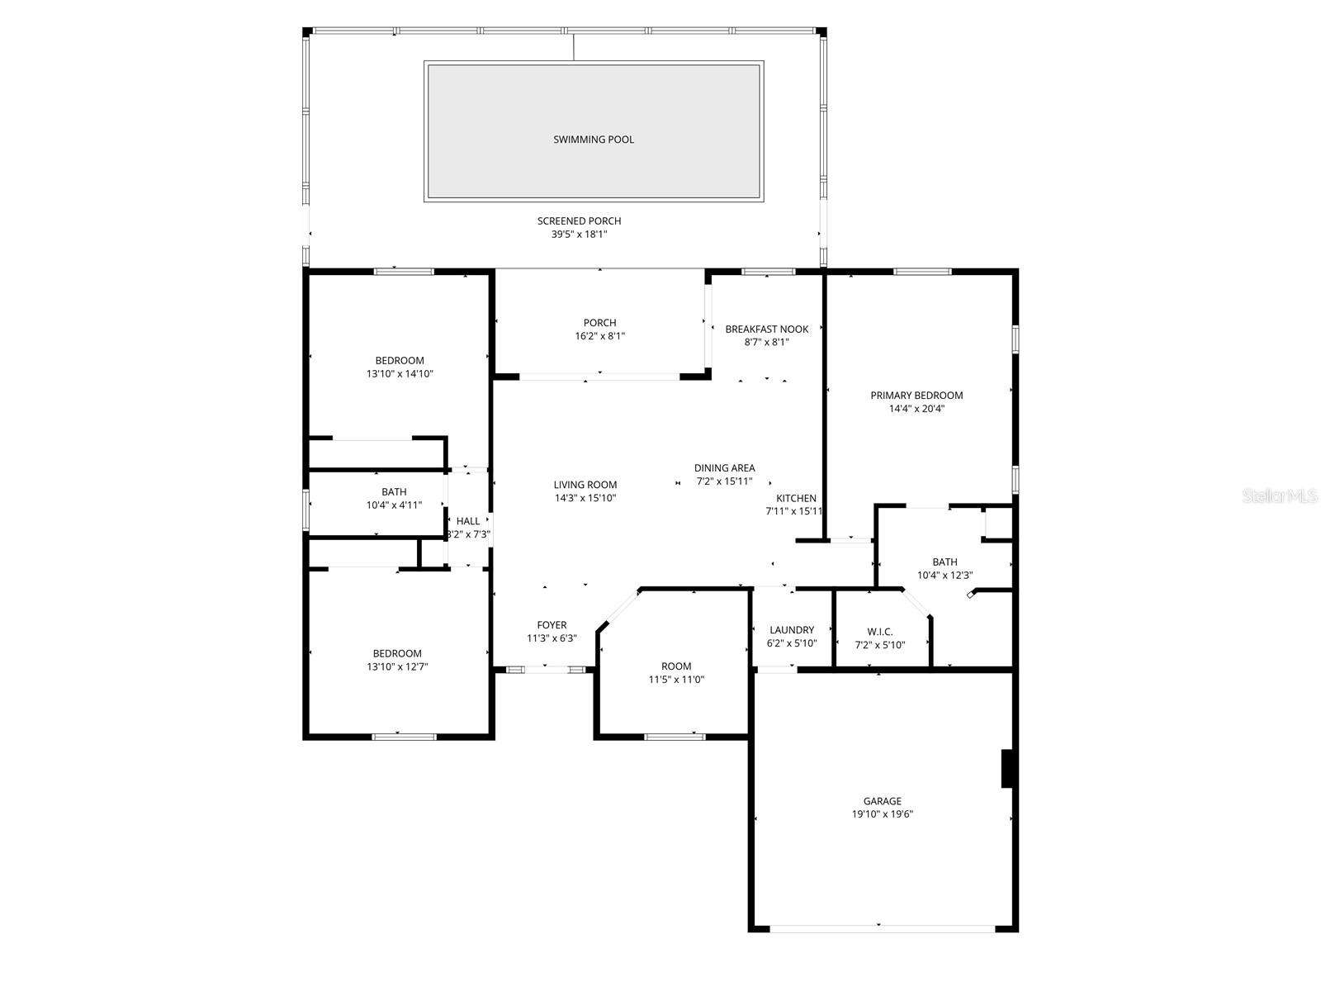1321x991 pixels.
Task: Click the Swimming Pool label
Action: tap(594, 140)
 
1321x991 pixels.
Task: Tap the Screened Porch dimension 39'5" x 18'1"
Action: tap(579, 235)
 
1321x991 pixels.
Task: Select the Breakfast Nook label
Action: tap(766, 329)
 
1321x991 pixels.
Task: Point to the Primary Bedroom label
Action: tap(916, 395)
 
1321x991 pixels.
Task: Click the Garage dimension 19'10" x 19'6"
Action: tap(882, 814)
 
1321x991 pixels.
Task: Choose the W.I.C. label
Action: tap(879, 632)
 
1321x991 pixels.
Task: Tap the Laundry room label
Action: tap(791, 630)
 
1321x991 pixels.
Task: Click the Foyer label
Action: tap(552, 625)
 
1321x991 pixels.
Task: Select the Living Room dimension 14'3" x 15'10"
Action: tap(585, 498)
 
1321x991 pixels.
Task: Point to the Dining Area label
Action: tap(724, 467)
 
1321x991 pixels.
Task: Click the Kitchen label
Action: tap(796, 498)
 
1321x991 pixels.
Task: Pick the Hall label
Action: tap(468, 521)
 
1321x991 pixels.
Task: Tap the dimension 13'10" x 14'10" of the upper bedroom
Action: tap(400, 374)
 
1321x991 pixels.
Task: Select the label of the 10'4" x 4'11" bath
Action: tap(394, 492)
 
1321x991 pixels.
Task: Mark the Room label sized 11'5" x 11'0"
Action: tap(676, 666)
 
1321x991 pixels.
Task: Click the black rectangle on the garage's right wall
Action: tap(1006, 768)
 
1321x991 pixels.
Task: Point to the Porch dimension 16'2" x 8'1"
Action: tap(599, 336)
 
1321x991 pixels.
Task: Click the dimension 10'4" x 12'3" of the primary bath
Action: tap(945, 576)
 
